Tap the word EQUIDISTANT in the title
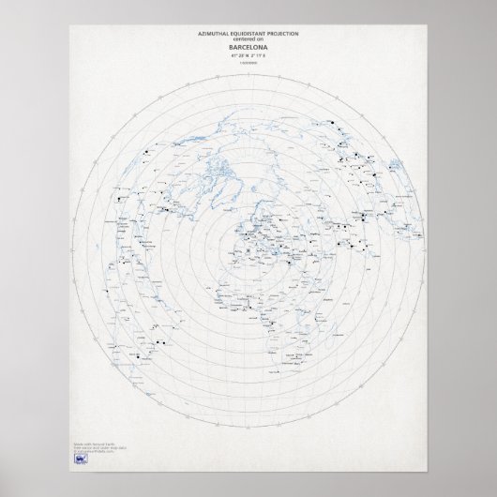(x=245, y=34)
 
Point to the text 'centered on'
(x=248, y=39)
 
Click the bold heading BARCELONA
(x=248, y=47)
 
